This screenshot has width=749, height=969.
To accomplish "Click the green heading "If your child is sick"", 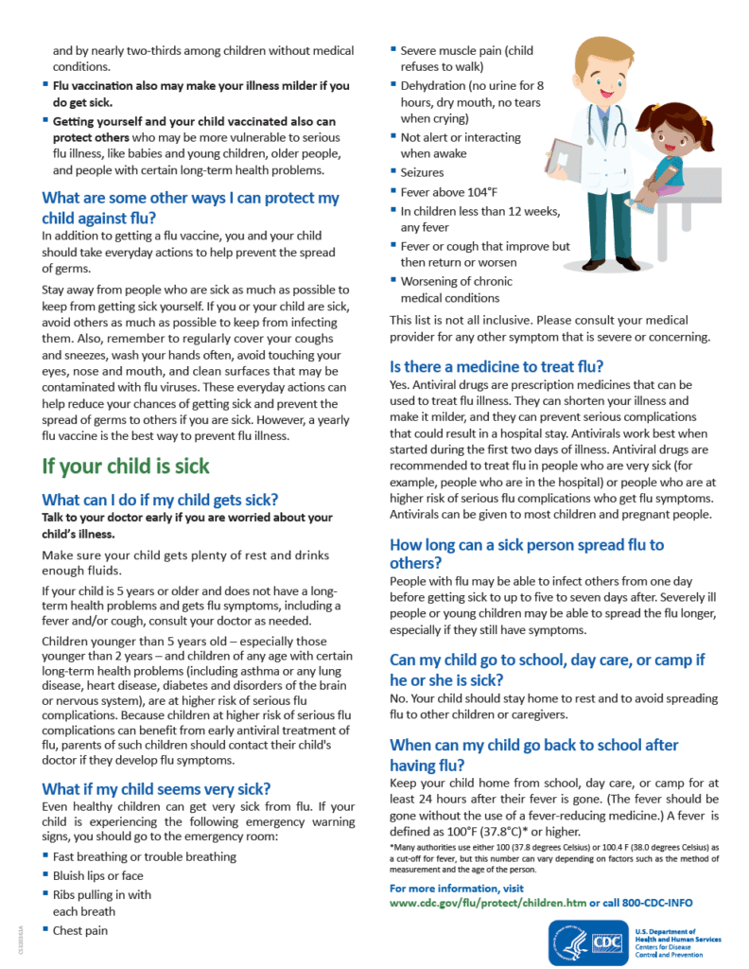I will pyautogui.click(x=126, y=467).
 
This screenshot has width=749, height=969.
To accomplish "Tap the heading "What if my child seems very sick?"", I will pyautogui.click(x=156, y=788).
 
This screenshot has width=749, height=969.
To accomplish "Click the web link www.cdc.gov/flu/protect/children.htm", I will pyautogui.click(x=488, y=903).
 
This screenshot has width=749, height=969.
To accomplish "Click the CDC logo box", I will pyautogui.click(x=605, y=943).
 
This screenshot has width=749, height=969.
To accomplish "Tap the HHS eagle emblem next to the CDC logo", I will pyautogui.click(x=569, y=943).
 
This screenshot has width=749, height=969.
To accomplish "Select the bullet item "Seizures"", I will pyautogui.click(x=422, y=173).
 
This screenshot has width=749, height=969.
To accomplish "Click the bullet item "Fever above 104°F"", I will pyautogui.click(x=443, y=192).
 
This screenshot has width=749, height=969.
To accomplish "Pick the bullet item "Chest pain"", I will pyautogui.click(x=80, y=930).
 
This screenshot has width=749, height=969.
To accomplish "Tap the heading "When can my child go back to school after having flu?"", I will pyautogui.click(x=534, y=754).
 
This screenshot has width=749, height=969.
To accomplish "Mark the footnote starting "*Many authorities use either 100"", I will pyautogui.click(x=554, y=858).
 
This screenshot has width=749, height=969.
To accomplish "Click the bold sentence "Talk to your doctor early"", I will pyautogui.click(x=187, y=525).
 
